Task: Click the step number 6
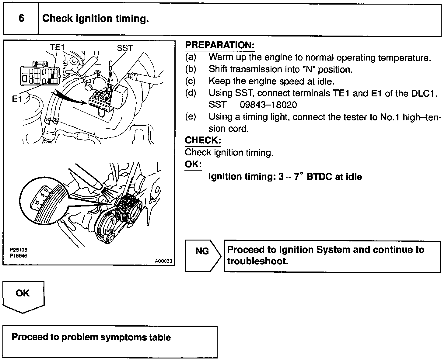[x=21, y=18]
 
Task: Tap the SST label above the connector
[x=125, y=48]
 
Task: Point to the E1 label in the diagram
[x=17, y=99]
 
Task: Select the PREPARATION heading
[x=220, y=45]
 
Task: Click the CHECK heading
[x=203, y=140]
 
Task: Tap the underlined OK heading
[x=193, y=164]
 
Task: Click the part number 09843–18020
[x=268, y=105]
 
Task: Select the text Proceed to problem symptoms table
[x=91, y=337]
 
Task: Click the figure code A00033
[x=163, y=261]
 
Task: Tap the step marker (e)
[x=191, y=117]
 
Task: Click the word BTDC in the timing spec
[x=319, y=177]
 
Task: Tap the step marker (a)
[x=191, y=57]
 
